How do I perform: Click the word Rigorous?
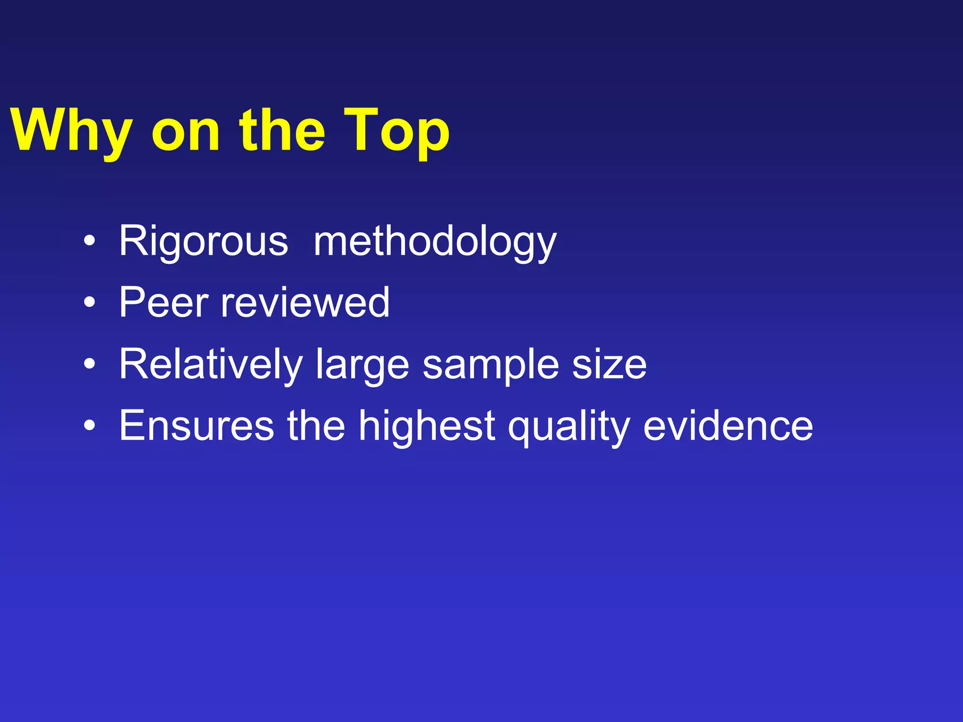click(x=203, y=241)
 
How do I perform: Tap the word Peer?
click(x=164, y=302)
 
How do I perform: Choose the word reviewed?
click(x=305, y=302)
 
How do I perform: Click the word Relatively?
click(x=211, y=365)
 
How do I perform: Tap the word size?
click(x=609, y=365)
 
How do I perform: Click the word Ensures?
click(x=197, y=425)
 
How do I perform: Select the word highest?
click(x=427, y=425)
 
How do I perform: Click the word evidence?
click(x=728, y=425)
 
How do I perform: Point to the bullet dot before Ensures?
click(x=89, y=426)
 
